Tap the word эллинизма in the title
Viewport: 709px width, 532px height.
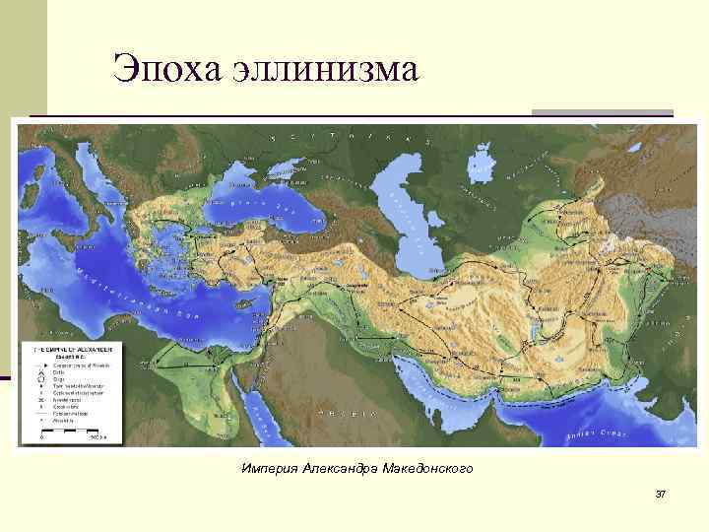(x=325, y=69)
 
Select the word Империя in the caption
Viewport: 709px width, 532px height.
(x=269, y=468)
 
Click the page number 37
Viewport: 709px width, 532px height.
(x=661, y=493)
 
